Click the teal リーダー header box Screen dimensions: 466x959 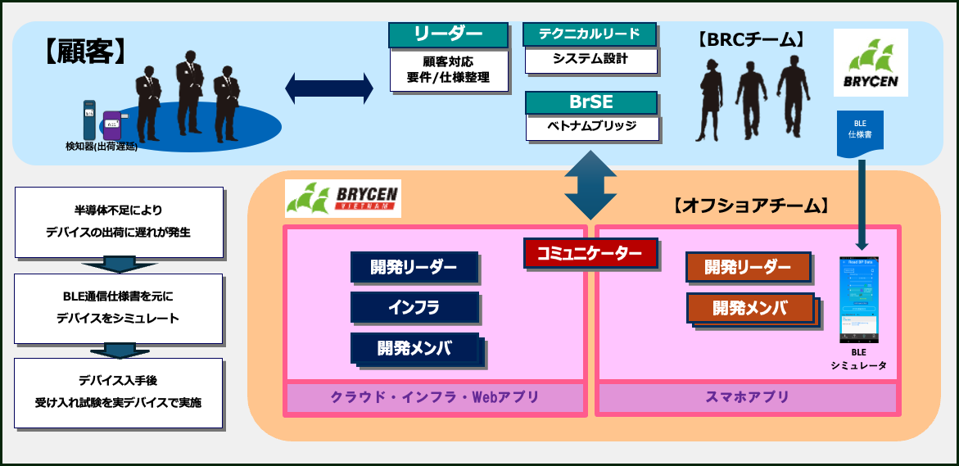pos(448,34)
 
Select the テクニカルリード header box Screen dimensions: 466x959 pos(590,34)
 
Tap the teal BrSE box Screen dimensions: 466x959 pos(590,102)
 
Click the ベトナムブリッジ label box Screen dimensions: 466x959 pos(590,128)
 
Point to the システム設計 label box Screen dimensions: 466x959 pos(590,60)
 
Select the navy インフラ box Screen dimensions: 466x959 pos(414,307)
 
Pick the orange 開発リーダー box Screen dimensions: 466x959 pos(748,267)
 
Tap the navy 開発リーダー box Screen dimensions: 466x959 pos(414,267)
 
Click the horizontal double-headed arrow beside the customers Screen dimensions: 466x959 pos(329,88)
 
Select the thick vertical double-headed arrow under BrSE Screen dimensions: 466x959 pos(590,184)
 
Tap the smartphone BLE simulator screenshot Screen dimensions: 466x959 pos(859,300)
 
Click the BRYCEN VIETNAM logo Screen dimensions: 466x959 pos(342,199)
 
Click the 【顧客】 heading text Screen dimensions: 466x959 pos(84,52)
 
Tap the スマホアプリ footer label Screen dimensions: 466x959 pos(747,397)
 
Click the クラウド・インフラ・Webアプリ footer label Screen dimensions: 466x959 pos(435,397)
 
